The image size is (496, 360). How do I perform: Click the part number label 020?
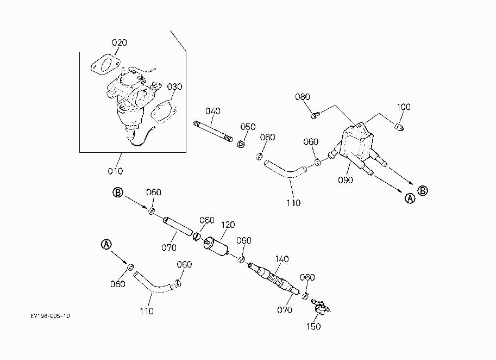[x=120, y=42]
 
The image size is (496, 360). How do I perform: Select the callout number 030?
[x=174, y=86]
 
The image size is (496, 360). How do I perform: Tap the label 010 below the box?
[x=115, y=171]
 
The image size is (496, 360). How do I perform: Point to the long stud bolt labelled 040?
[x=213, y=131]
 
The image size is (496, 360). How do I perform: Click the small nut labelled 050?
[x=241, y=144]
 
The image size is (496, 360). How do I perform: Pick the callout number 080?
[x=303, y=97]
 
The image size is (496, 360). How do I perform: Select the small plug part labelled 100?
[x=399, y=127]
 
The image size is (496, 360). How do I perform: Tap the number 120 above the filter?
[x=228, y=225]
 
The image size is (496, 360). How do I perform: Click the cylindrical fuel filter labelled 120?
[x=217, y=247]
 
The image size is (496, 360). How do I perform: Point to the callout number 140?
[x=282, y=259]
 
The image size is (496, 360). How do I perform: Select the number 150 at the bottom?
[x=313, y=326]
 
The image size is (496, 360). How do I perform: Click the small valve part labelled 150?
[x=321, y=307]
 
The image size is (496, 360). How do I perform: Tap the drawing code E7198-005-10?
[x=50, y=316]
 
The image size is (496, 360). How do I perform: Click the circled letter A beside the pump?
[x=410, y=198]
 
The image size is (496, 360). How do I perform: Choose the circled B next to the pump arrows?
[x=423, y=191]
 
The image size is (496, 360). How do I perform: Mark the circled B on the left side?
[x=118, y=192]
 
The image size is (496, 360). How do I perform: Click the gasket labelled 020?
[x=105, y=64]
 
